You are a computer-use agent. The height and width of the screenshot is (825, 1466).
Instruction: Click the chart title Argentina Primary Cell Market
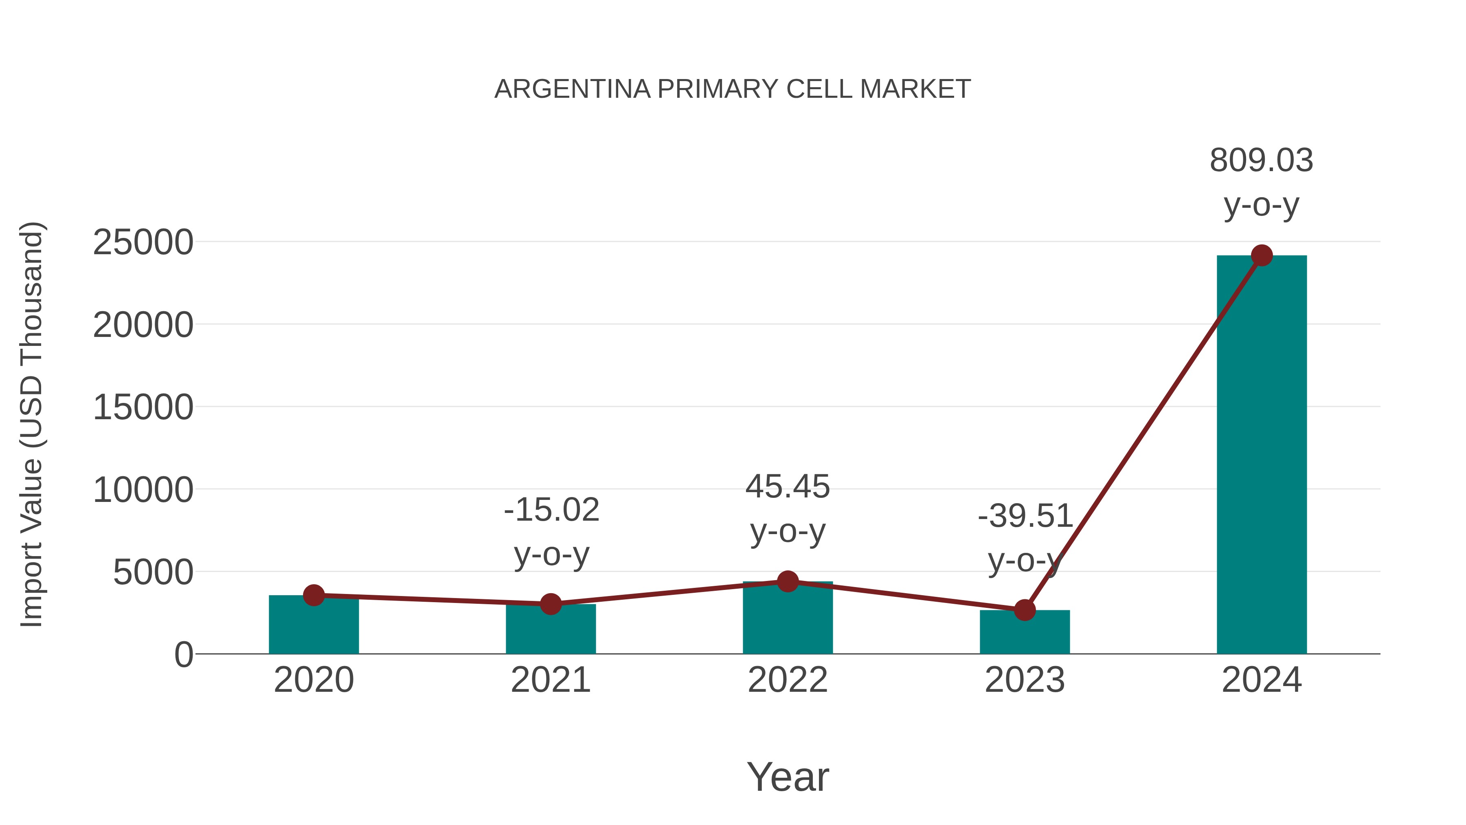click(733, 89)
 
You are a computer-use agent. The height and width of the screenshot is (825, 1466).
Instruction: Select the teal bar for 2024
click(1262, 455)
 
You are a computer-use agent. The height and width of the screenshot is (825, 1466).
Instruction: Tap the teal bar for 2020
click(314, 626)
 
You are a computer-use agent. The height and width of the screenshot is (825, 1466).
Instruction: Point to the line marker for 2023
click(1025, 610)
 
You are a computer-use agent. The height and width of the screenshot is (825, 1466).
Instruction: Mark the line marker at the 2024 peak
click(1262, 255)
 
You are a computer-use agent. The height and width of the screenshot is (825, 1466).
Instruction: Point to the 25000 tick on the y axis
click(143, 242)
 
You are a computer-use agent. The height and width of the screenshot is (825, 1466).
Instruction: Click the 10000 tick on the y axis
click(143, 490)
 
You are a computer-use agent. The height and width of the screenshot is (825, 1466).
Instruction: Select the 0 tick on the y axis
click(184, 655)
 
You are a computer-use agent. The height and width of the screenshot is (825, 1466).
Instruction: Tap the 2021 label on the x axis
click(550, 680)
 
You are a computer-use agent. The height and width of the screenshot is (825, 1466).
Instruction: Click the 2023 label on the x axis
click(1025, 680)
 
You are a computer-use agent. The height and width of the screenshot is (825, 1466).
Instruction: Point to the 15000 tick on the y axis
click(143, 408)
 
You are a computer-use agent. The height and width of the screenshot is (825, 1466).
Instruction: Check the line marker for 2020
click(314, 596)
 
